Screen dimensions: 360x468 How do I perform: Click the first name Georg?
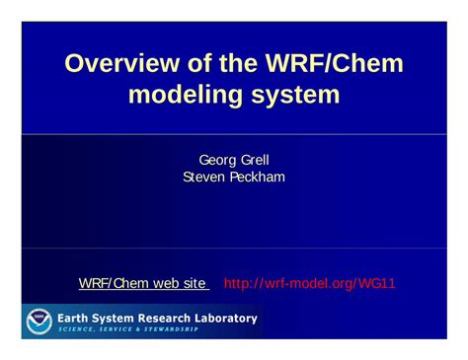click(x=216, y=160)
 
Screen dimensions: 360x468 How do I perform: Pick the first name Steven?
click(x=205, y=177)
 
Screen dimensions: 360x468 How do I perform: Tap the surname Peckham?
click(x=256, y=177)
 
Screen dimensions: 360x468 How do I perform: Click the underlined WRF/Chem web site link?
click(x=142, y=284)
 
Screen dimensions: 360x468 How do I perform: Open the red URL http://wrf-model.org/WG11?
click(x=310, y=284)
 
